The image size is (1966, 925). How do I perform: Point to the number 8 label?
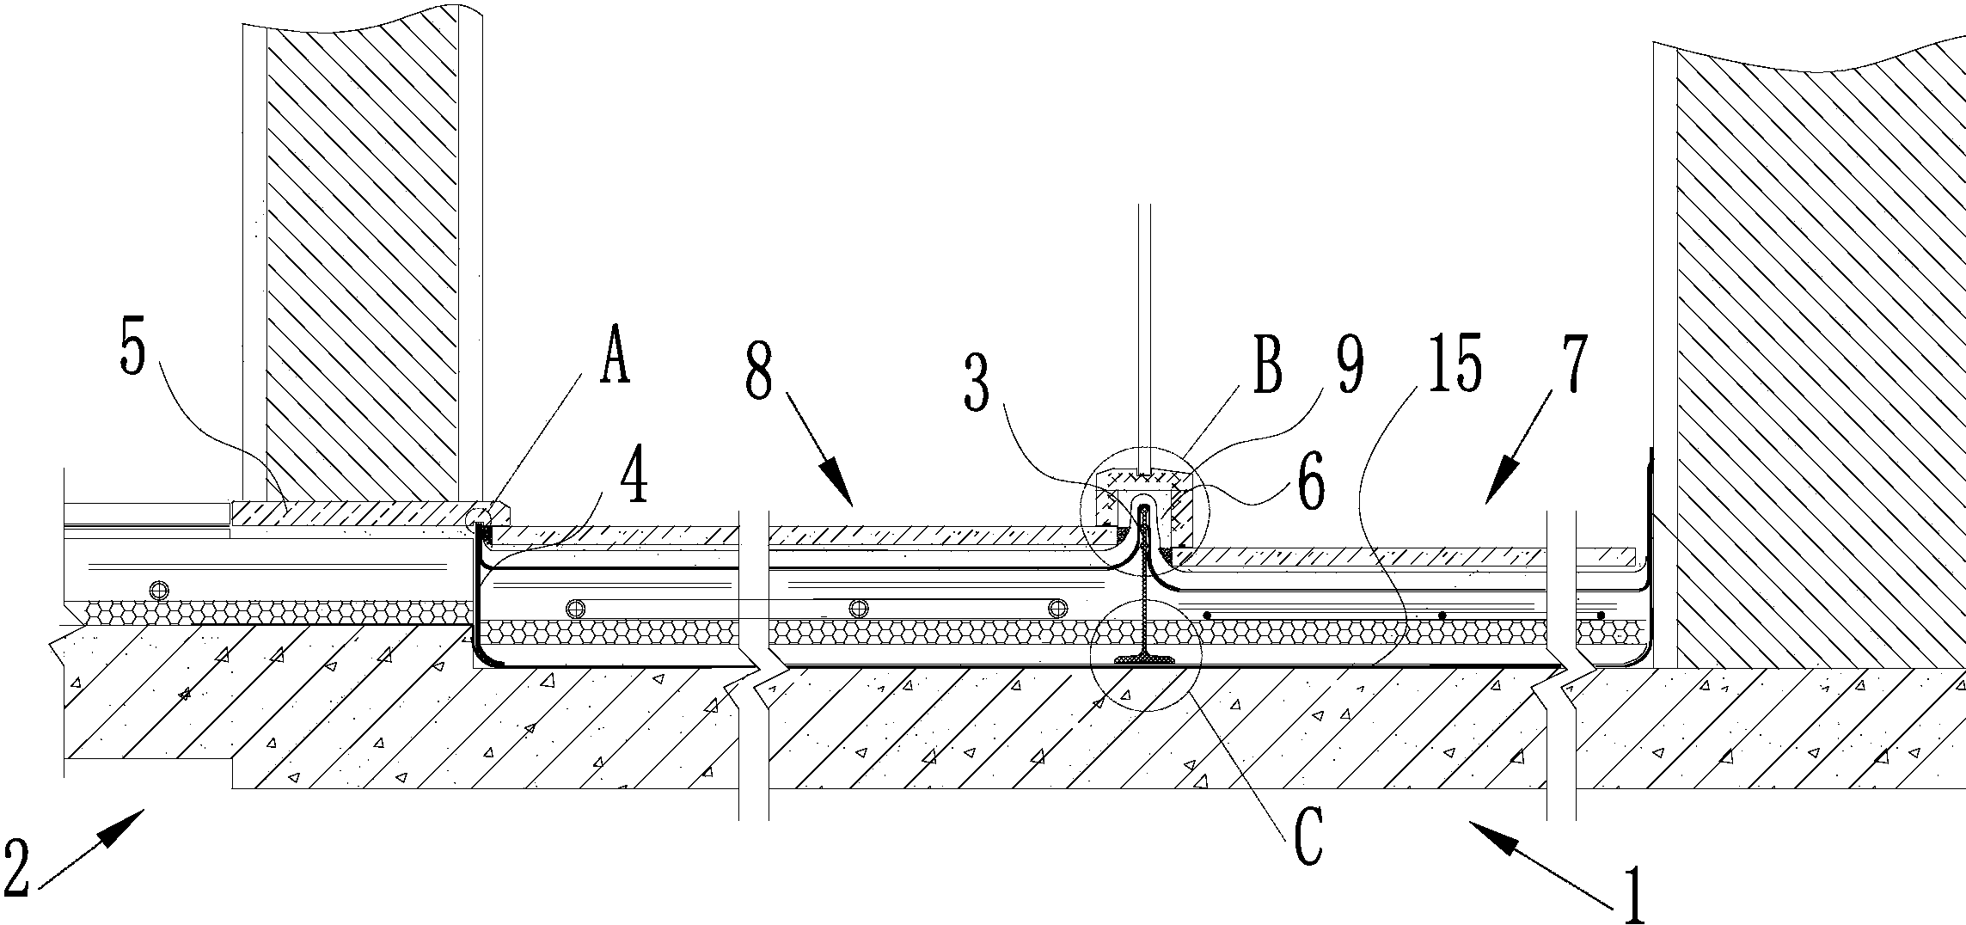pyautogui.click(x=759, y=372)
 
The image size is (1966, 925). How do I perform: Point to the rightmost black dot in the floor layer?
pyautogui.click(x=1600, y=616)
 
